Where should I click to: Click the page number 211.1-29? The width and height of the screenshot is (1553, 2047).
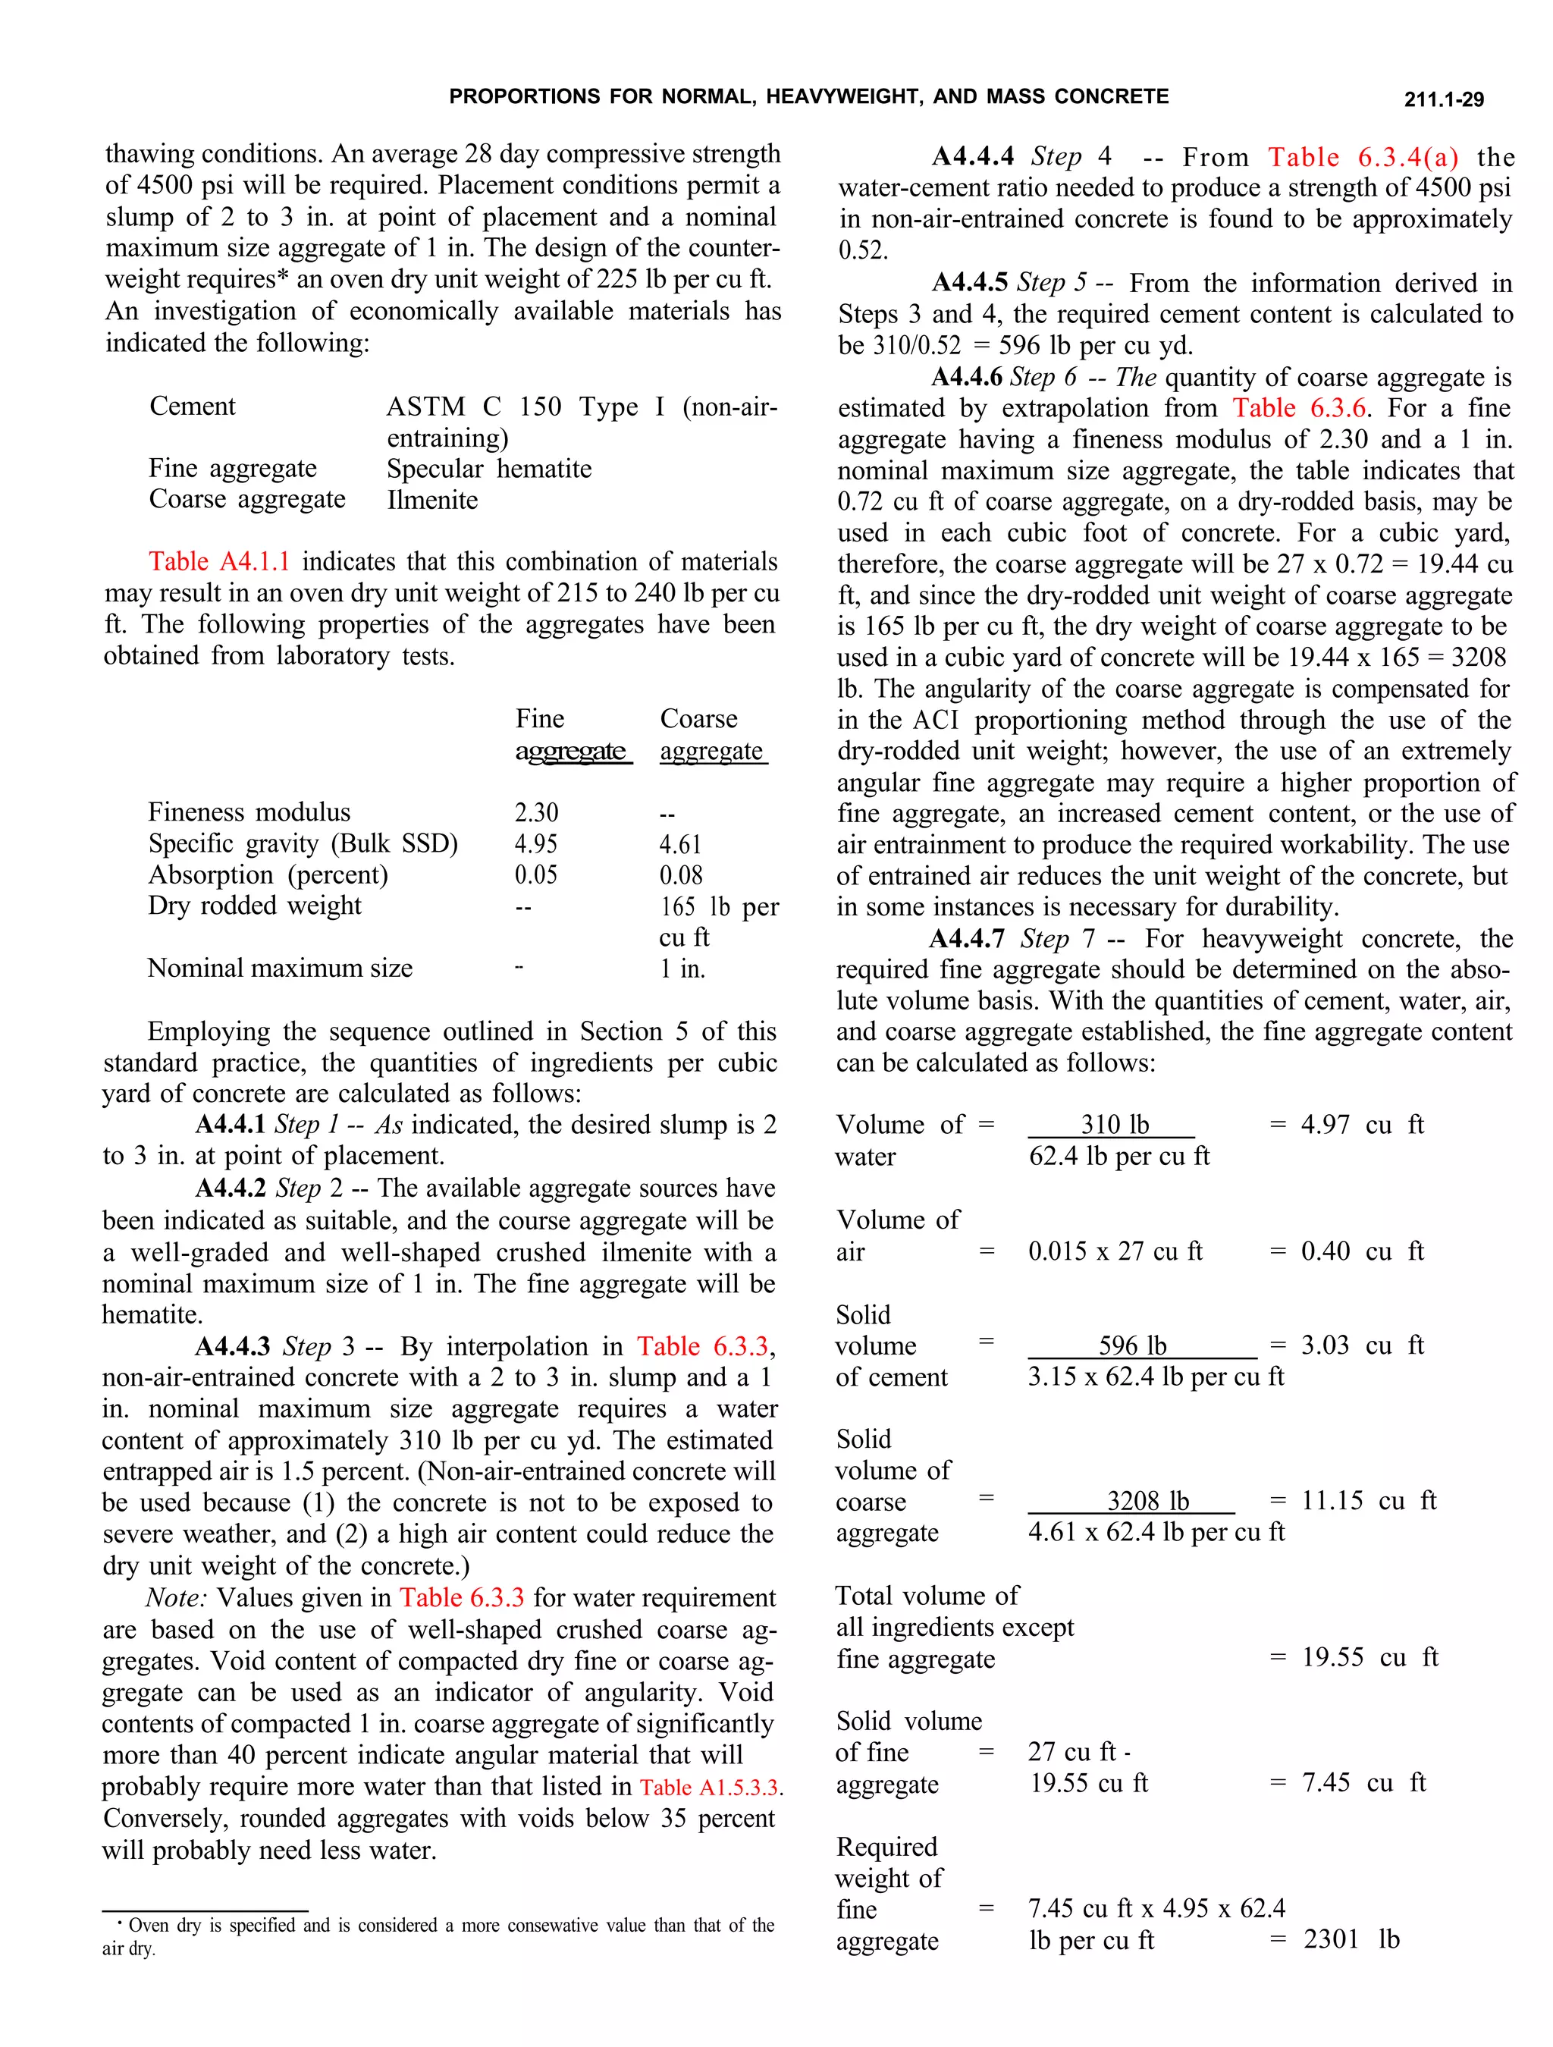tap(1443, 100)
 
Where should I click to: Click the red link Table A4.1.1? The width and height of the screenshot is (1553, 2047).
tap(219, 562)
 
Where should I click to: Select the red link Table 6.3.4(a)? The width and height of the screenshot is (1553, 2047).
tap(1363, 157)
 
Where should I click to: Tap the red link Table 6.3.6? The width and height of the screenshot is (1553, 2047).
tap(1300, 408)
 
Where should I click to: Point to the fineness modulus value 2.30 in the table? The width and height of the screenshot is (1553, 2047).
tap(536, 812)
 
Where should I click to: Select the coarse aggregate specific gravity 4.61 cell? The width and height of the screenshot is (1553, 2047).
tap(680, 844)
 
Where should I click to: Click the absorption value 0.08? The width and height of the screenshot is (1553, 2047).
tap(680, 874)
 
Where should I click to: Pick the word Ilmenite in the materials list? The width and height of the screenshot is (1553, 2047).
tap(432, 500)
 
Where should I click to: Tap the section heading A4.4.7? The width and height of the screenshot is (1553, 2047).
tap(966, 939)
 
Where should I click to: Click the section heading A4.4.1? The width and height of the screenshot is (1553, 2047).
tap(231, 1124)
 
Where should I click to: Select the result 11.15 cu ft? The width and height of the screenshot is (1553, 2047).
tap(1368, 1500)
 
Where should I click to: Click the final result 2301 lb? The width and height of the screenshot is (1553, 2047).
tap(1351, 1939)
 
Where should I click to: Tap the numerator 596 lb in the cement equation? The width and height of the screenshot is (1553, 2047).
tap(1132, 1345)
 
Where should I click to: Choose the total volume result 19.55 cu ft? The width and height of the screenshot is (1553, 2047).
tap(1369, 1656)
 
